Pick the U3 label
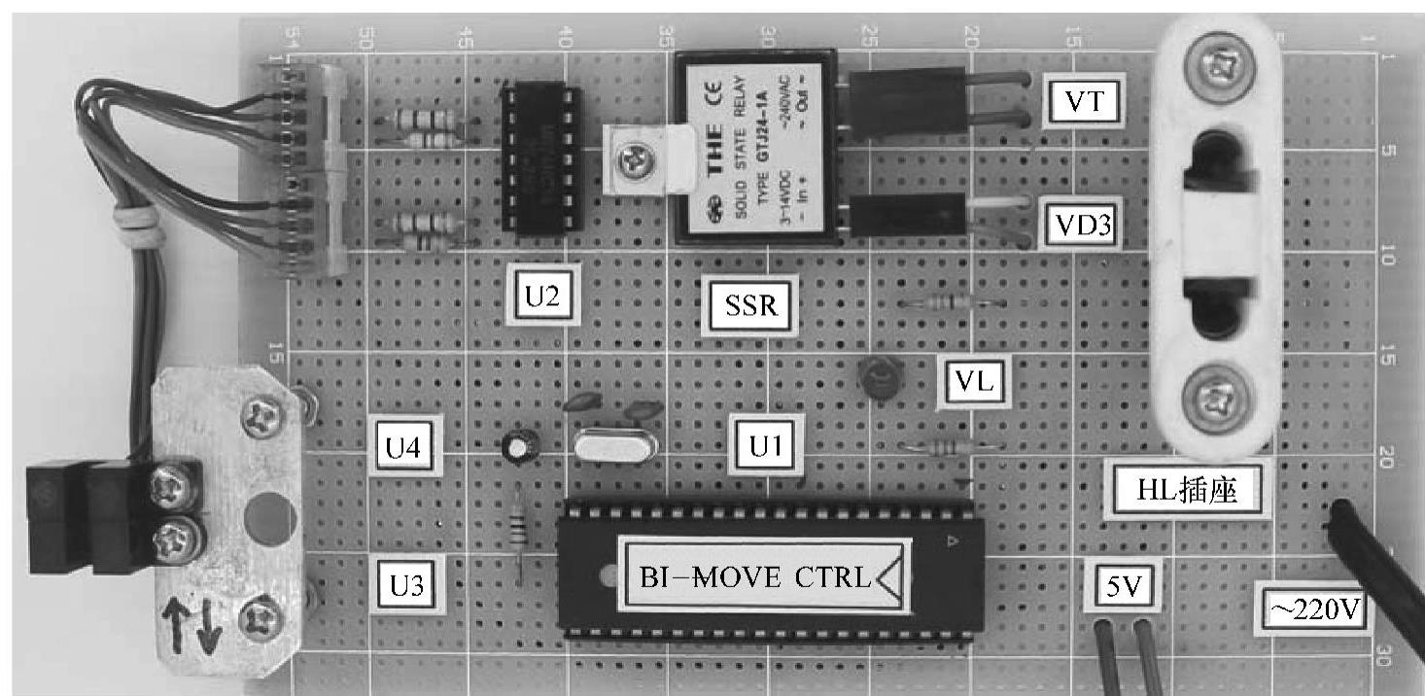[x=406, y=584]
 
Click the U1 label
[x=764, y=446]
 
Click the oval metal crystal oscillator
[x=615, y=446]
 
